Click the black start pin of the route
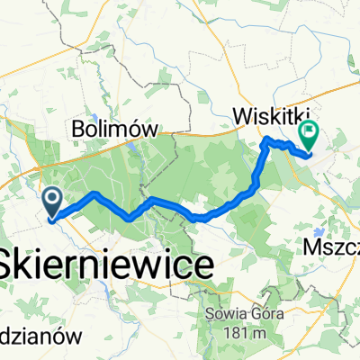click(53, 201)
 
